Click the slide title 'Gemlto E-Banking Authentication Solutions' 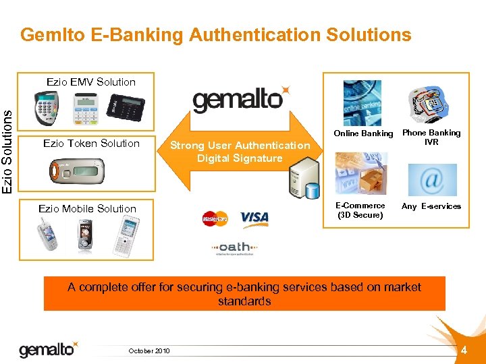tap(216, 34)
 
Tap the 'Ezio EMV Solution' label tap(91, 82)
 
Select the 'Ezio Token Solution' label tap(91, 143)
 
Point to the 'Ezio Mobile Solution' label tap(88, 208)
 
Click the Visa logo tap(254, 218)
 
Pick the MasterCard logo tap(215, 218)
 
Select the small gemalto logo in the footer tap(48, 349)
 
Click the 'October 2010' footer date tap(149, 351)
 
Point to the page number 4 tap(464, 350)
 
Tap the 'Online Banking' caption tap(363, 133)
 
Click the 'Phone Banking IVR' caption tap(431, 137)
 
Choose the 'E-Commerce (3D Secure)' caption tap(360, 210)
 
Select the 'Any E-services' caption tap(431, 206)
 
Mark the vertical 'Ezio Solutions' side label tap(7, 143)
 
